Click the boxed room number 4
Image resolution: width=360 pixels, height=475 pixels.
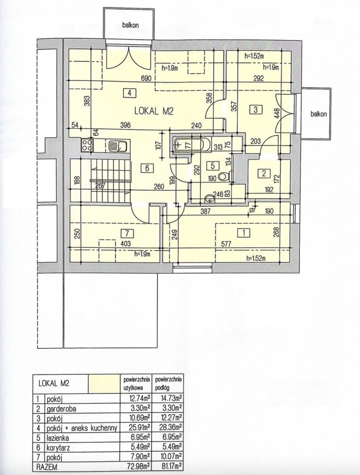pos(129,93)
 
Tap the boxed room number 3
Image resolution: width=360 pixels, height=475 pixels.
pos(255,110)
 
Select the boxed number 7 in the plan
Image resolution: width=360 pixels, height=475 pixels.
pos(127,234)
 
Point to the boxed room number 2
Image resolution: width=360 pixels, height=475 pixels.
pos(264,173)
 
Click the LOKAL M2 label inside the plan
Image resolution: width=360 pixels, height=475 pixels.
pos(154,111)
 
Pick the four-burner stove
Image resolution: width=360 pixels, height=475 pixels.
pos(87,145)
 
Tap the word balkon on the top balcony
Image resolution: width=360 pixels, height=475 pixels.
pos(130,25)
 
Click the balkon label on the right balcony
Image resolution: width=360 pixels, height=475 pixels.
pos(319,114)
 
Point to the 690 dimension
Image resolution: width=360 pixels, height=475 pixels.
pos(146,78)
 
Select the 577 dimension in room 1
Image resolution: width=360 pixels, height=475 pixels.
pos(226,244)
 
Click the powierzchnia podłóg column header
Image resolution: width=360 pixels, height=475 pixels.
pos(168,384)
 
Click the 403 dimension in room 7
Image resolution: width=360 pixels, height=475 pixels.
pos(126,244)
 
